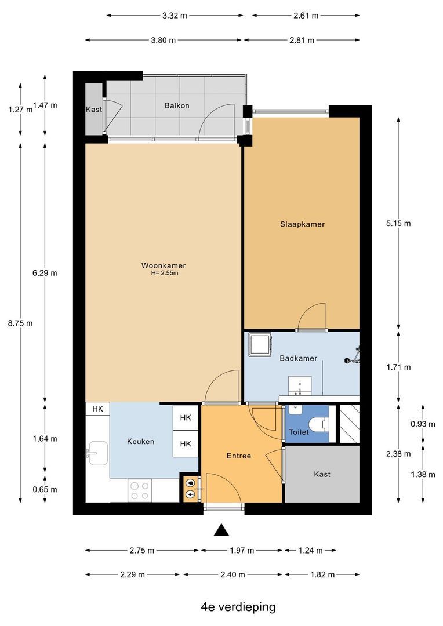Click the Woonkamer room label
(164, 265)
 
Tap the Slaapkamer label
(303, 224)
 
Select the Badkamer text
(299, 358)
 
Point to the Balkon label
(177, 106)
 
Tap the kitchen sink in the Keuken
(96, 453)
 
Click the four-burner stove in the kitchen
(140, 491)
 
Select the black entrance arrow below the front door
(221, 530)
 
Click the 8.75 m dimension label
(20, 323)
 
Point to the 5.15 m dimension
(398, 223)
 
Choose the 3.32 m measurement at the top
(175, 16)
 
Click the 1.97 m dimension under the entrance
(242, 551)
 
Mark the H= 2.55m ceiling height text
(165, 274)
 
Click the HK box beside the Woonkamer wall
(97, 409)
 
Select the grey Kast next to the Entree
(322, 474)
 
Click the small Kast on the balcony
(95, 109)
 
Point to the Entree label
(239, 456)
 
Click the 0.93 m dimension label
(423, 424)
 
